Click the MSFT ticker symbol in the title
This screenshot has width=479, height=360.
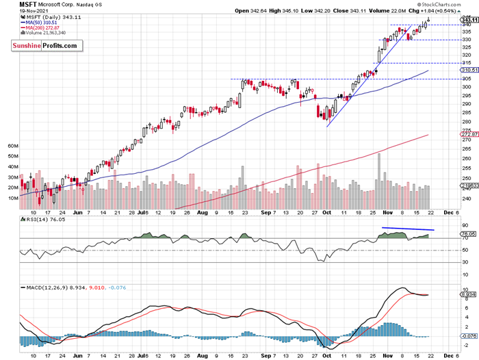29,4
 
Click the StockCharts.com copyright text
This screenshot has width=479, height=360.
452,4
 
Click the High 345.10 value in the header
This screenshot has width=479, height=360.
281,12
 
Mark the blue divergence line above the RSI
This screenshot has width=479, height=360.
408,228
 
